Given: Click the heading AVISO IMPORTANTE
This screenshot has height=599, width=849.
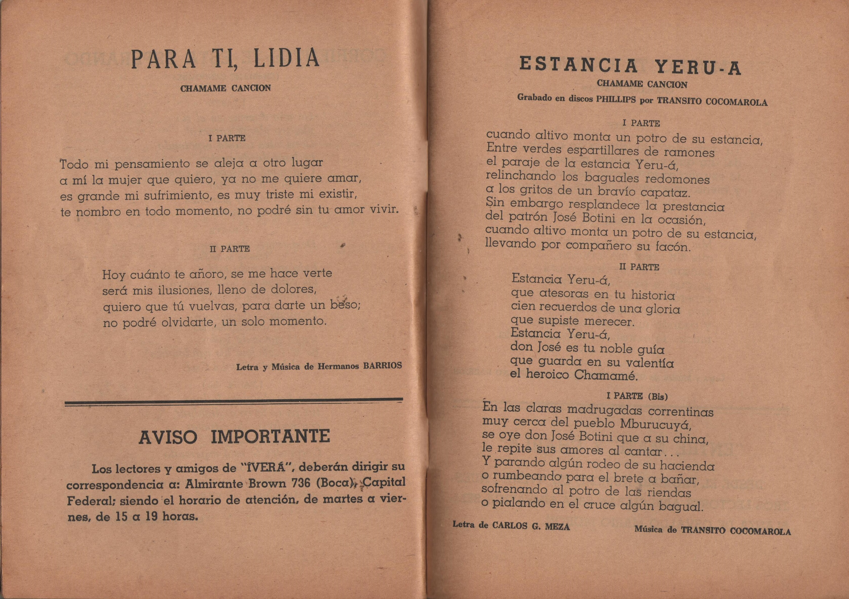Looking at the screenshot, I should coord(234,437).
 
